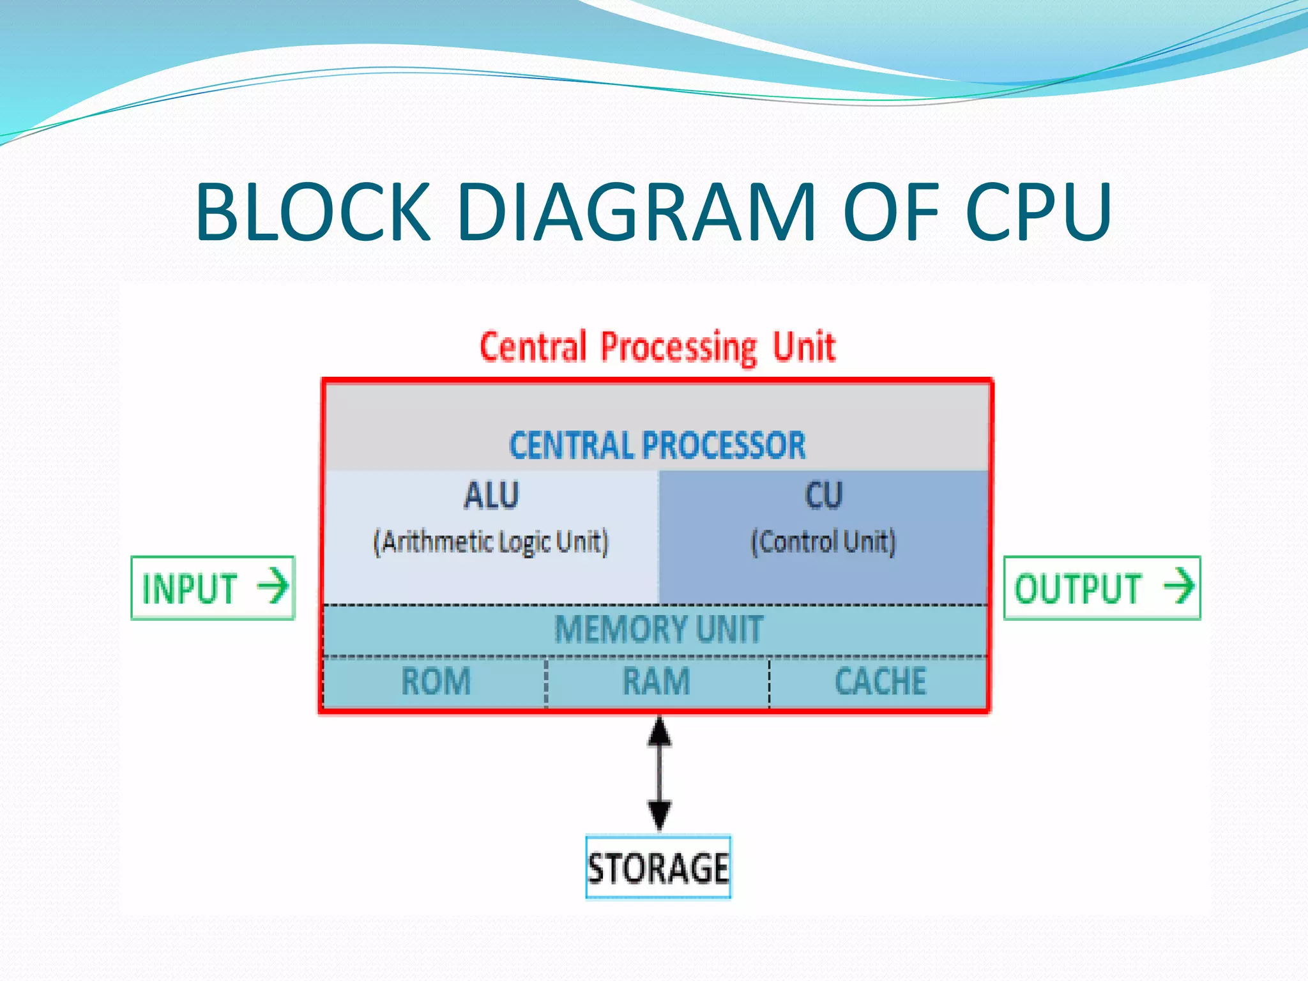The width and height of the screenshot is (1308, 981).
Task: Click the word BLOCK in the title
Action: [x=313, y=212]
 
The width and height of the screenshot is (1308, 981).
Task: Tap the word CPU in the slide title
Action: [x=1039, y=212]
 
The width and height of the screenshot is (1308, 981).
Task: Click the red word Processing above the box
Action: [x=679, y=349]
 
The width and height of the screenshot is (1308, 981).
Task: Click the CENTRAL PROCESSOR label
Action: [x=657, y=446]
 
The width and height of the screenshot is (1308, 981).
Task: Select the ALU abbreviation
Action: [x=492, y=496]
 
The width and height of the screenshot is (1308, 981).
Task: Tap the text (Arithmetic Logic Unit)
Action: [x=491, y=542]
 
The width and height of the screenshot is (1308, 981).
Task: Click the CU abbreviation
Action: [x=824, y=496]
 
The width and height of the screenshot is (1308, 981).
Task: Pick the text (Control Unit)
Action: [x=823, y=542]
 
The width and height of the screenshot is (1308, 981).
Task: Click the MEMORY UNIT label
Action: [x=658, y=629]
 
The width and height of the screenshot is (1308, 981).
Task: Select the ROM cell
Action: [x=436, y=681]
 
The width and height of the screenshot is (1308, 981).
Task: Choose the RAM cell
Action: [x=657, y=681]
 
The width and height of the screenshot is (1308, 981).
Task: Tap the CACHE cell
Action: [x=880, y=681]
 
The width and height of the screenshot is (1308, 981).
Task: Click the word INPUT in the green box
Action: [x=190, y=589]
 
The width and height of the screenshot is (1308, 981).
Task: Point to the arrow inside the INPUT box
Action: [x=273, y=586]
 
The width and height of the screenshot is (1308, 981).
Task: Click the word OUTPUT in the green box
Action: [x=1078, y=589]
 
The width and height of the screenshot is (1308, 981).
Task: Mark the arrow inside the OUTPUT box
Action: [x=1179, y=586]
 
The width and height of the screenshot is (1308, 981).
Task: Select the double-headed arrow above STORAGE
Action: [x=659, y=773]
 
